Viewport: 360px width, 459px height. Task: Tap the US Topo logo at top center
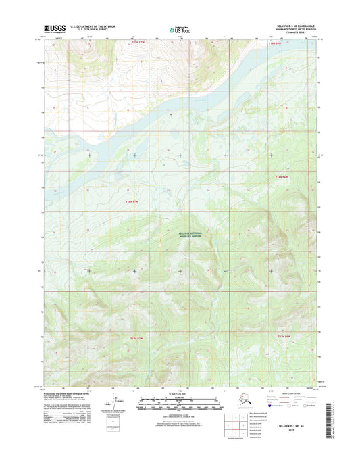(179, 29)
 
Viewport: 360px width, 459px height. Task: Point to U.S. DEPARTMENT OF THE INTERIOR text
(88, 26)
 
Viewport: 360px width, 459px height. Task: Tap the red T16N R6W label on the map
(282, 176)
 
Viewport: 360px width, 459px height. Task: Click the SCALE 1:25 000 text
(179, 394)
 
